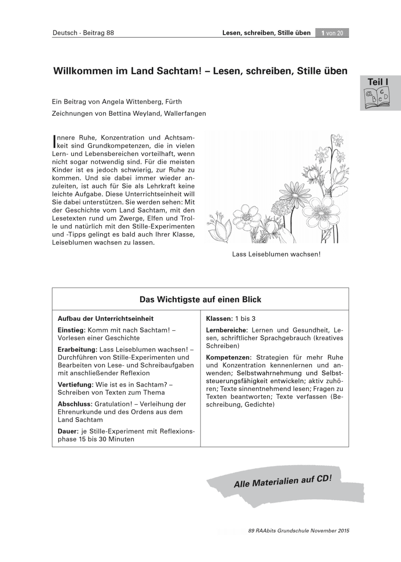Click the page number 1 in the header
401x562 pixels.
(x=323, y=33)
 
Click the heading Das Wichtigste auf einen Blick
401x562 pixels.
(x=200, y=299)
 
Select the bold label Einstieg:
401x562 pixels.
(x=71, y=330)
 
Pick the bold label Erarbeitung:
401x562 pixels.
(x=77, y=349)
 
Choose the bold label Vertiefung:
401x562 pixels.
(x=75, y=385)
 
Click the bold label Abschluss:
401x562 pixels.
(x=74, y=404)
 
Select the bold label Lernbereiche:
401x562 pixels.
(x=226, y=330)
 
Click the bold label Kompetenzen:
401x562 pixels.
(x=228, y=357)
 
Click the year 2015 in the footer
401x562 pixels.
(x=342, y=531)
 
